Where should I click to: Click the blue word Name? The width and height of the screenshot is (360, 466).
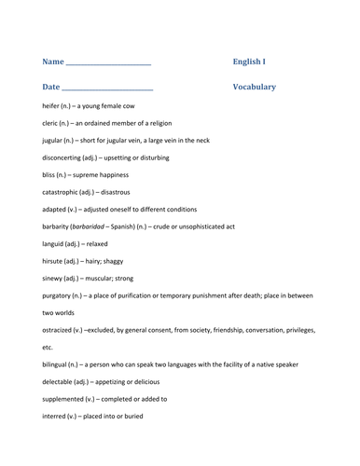pos(53,62)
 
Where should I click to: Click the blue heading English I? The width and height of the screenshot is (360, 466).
pos(249,62)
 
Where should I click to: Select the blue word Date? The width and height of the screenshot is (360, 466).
pos(51,87)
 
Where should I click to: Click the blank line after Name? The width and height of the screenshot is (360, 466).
pos(109,63)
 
